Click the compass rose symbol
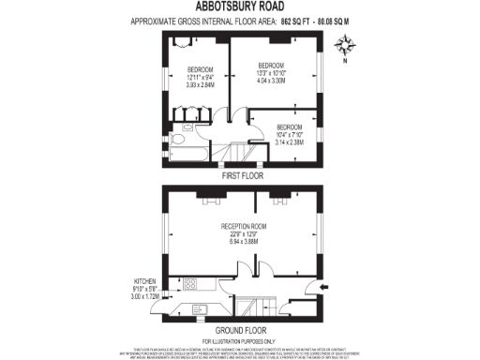[x=345, y=43]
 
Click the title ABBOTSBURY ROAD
[x=239, y=7]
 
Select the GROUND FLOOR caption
[x=241, y=329]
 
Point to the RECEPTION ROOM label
[x=244, y=226]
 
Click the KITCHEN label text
[x=144, y=281]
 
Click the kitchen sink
[x=201, y=310]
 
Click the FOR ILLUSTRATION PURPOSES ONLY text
[x=240, y=338]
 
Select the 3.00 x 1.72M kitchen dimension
[x=144, y=296]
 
